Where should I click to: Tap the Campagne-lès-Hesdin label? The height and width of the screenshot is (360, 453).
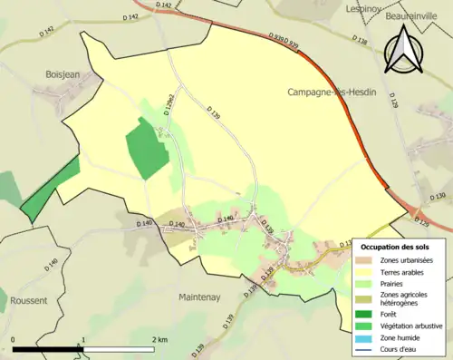click(x=332, y=92)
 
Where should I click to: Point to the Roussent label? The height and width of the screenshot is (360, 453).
click(x=30, y=299)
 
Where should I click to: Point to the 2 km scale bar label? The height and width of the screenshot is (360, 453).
click(x=159, y=340)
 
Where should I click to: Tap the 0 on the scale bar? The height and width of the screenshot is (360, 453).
click(x=14, y=340)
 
